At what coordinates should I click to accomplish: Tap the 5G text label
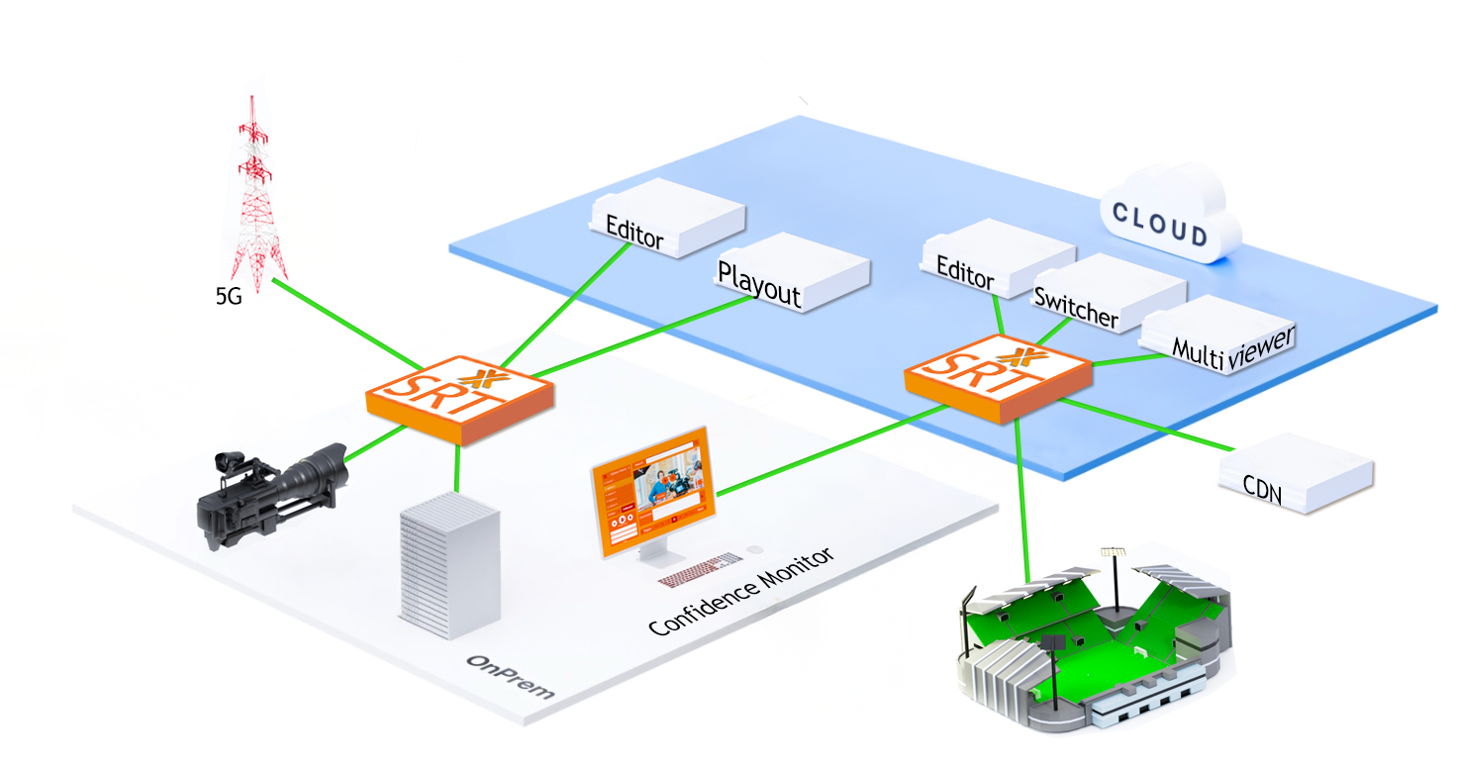tap(229, 295)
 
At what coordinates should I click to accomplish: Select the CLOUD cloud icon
tap(1167, 217)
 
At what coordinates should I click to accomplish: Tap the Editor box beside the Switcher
tap(995, 258)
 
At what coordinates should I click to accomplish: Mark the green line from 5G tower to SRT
tap(346, 324)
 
